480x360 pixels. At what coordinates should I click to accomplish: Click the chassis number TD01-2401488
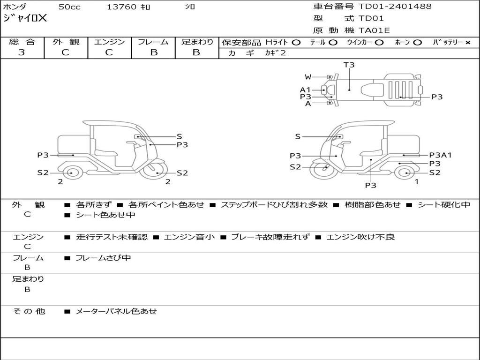tap(395, 7)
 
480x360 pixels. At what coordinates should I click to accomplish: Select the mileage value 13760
tap(121, 7)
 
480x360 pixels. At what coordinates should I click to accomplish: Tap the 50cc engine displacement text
tap(69, 7)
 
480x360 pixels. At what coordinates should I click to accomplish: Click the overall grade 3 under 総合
tap(22, 52)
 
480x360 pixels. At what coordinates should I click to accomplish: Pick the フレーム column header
tap(153, 42)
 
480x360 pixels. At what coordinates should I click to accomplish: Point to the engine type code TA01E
tap(374, 30)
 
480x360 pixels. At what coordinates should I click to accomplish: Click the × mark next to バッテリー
tap(468, 43)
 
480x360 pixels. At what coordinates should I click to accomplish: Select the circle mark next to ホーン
tap(417, 43)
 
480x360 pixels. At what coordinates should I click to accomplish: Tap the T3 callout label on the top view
tap(349, 65)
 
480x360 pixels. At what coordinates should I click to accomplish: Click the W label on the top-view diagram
tap(307, 77)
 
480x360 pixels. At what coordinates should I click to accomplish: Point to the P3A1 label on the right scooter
tap(440, 155)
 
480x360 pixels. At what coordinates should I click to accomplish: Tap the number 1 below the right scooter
tap(416, 182)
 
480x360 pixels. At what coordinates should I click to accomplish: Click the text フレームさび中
tap(103, 258)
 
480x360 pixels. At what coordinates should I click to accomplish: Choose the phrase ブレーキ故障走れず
tap(270, 237)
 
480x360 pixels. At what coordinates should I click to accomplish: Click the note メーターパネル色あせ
tap(116, 311)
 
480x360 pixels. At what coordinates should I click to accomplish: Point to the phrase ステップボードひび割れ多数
tap(274, 204)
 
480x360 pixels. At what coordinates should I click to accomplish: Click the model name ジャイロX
tap(25, 18)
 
